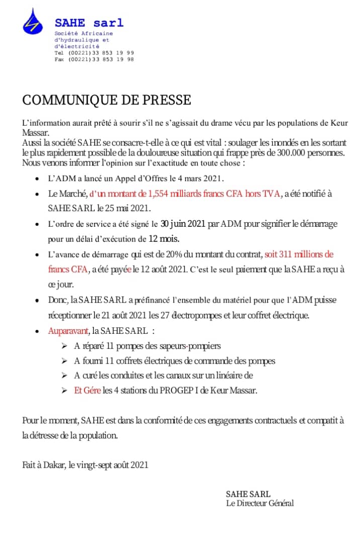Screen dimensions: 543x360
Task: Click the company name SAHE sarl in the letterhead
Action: pos(88,23)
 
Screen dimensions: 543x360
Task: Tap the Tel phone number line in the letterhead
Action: pos(94,53)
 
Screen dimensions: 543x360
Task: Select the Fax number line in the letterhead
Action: pos(94,59)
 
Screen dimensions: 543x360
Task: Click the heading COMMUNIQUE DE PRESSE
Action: pos(107,100)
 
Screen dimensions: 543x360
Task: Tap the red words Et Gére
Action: pos(87,390)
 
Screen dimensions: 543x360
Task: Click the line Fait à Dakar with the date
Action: pos(85,465)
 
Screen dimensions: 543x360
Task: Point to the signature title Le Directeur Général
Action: pos(259,503)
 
